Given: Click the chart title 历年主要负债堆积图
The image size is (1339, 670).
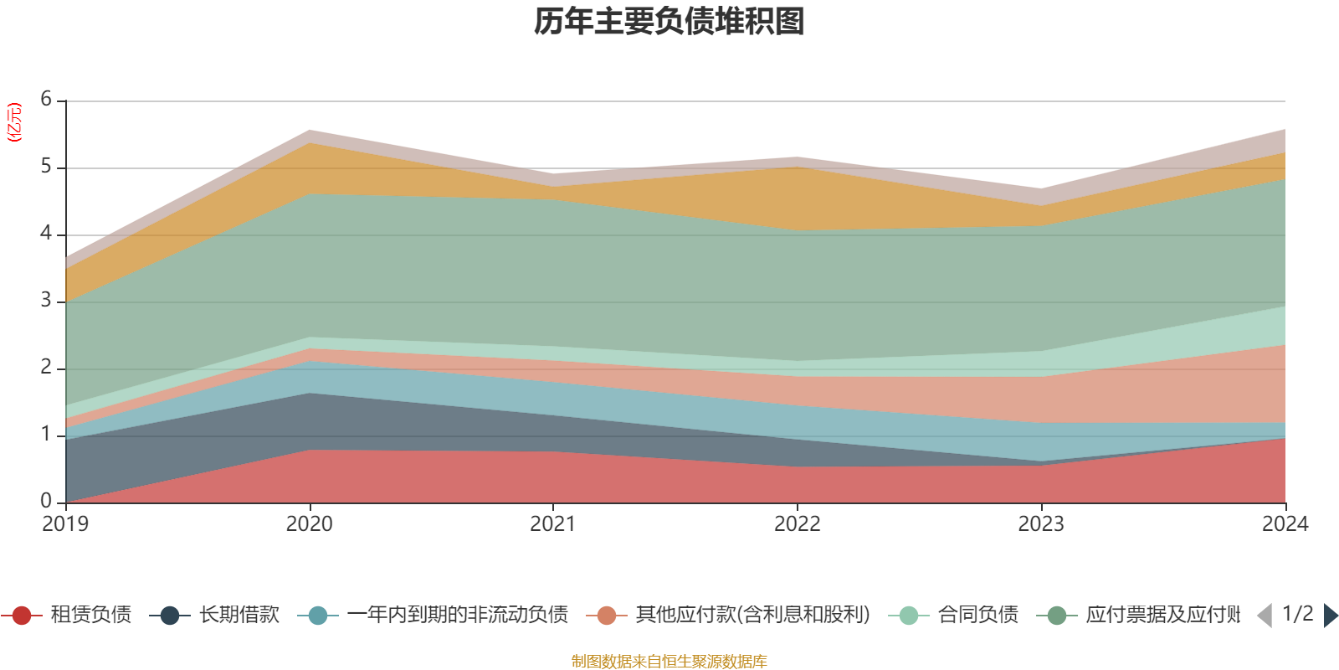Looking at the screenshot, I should pyautogui.click(x=669, y=23).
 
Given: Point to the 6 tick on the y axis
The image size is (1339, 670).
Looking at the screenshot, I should pyautogui.click(x=46, y=100).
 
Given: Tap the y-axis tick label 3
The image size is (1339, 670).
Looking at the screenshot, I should pyautogui.click(x=46, y=301).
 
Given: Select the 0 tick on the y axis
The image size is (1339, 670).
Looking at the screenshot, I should pyautogui.click(x=46, y=501).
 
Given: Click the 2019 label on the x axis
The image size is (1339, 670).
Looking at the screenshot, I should pyautogui.click(x=65, y=524).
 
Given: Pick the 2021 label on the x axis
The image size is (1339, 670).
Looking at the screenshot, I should pyautogui.click(x=553, y=524).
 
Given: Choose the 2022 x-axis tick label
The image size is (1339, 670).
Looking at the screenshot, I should pyautogui.click(x=798, y=524).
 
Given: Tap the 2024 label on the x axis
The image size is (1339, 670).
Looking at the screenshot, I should pyautogui.click(x=1285, y=524).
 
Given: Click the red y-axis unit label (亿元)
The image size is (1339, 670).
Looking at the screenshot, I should pyautogui.click(x=14, y=122).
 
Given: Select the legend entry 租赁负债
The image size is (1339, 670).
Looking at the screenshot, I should pyautogui.click(x=90, y=616).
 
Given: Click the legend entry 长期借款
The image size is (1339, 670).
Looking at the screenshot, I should pyautogui.click(x=239, y=616).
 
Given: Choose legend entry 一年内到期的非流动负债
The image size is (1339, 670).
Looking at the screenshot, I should pyautogui.click(x=457, y=616).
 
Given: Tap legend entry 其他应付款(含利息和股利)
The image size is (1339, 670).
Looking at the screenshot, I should pyautogui.click(x=752, y=616).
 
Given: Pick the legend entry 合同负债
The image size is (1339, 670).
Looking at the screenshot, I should pyautogui.click(x=977, y=616).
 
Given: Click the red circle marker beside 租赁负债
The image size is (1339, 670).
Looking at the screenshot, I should pyautogui.click(x=22, y=616).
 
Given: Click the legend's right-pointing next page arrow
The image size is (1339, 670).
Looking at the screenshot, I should pyautogui.click(x=1330, y=616).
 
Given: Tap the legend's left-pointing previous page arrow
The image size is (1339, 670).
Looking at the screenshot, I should pyautogui.click(x=1265, y=616).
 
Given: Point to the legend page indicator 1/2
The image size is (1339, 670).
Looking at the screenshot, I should pyautogui.click(x=1297, y=614).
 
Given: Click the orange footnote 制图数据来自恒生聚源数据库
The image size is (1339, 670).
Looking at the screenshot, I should pyautogui.click(x=669, y=662).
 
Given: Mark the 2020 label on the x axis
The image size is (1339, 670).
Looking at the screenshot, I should pyautogui.click(x=310, y=524).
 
